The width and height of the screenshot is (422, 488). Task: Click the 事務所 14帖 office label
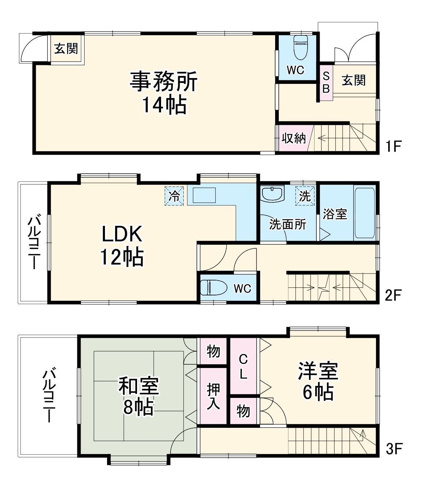click(x=164, y=93)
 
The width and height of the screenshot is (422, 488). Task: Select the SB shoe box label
click(x=326, y=82)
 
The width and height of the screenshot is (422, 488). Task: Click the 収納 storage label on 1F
click(x=294, y=138)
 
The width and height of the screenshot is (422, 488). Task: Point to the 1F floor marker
click(x=393, y=147)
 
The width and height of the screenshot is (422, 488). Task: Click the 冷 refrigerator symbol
click(x=174, y=196)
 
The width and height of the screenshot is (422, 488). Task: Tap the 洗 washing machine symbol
click(x=305, y=196)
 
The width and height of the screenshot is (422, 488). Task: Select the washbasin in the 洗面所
click(x=273, y=194)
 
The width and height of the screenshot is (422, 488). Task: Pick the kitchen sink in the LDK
click(x=204, y=196)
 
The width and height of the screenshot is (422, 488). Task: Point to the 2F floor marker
click(x=393, y=295)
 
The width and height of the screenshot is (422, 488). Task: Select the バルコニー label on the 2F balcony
click(x=34, y=243)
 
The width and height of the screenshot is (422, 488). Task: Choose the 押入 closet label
click(x=213, y=396)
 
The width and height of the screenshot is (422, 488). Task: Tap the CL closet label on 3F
click(x=243, y=367)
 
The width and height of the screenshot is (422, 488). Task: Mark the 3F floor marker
click(x=394, y=449)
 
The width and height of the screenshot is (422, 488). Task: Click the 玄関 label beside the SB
click(x=353, y=80)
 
